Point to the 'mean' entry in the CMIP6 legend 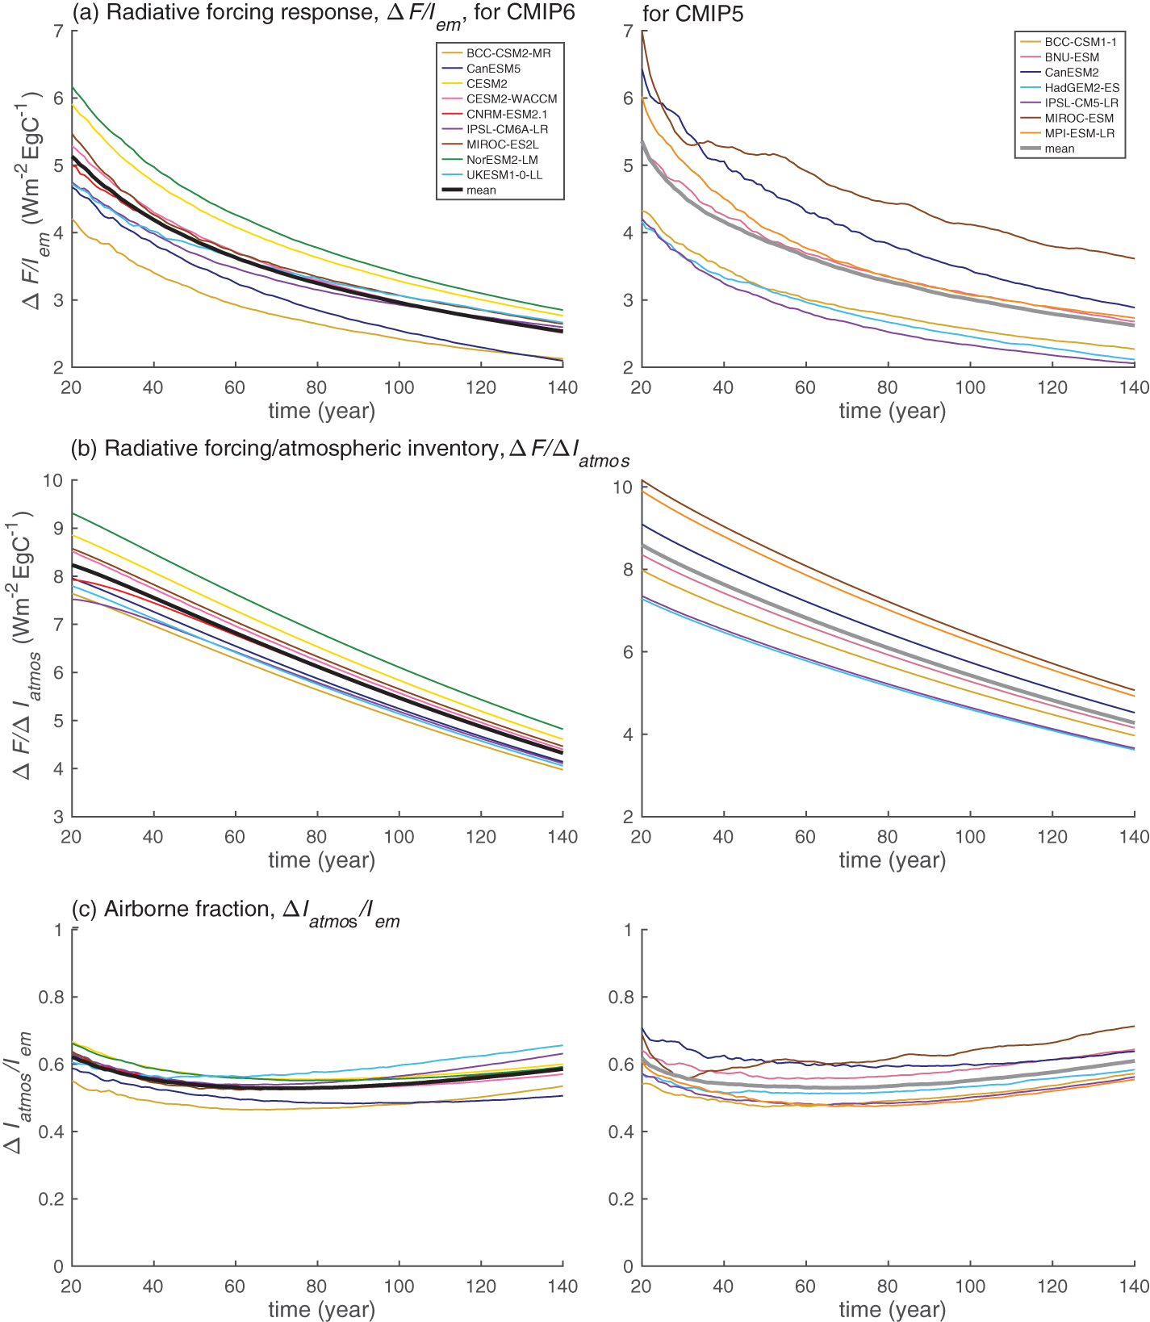(x=481, y=190)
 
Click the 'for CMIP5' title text (x=693, y=13)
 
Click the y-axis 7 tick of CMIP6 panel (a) (x=58, y=31)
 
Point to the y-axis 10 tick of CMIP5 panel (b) (x=622, y=487)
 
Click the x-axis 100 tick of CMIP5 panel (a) (x=969, y=387)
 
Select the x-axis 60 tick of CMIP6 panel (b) (x=235, y=837)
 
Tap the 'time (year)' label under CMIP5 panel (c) (x=892, y=1309)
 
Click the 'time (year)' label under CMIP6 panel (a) (x=321, y=411)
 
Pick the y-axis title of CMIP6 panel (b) (x=24, y=646)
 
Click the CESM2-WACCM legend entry (x=512, y=99)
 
